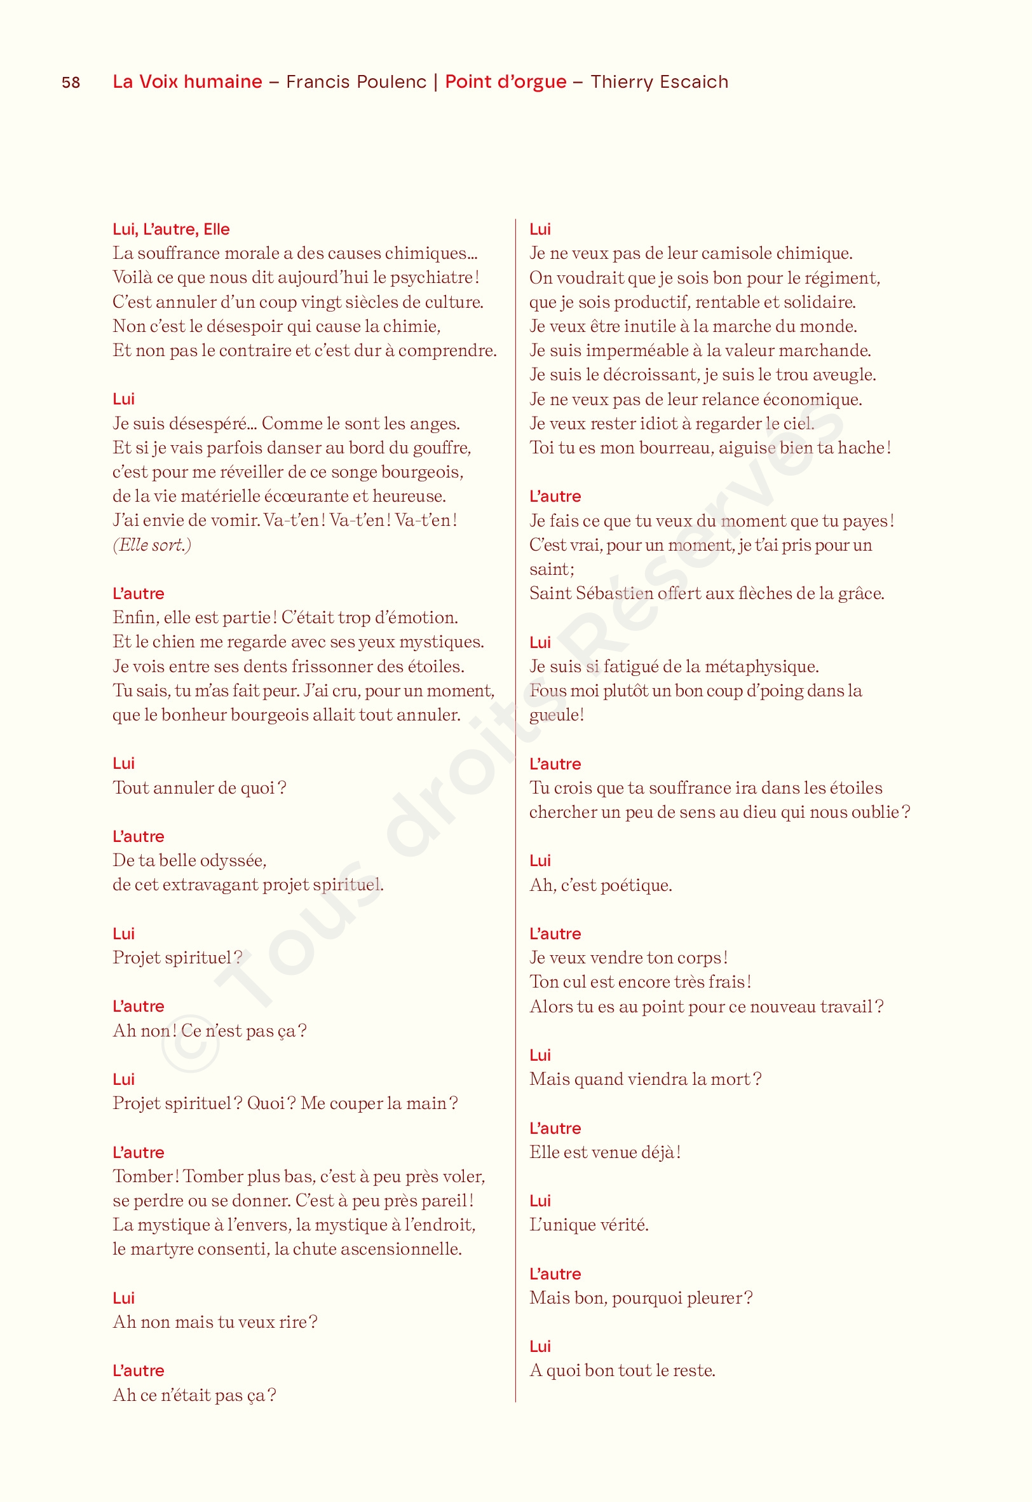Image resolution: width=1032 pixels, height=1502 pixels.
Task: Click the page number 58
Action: click(71, 83)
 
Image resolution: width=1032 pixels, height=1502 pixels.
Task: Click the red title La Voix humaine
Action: click(187, 82)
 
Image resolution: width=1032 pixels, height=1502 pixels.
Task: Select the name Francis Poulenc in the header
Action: click(356, 82)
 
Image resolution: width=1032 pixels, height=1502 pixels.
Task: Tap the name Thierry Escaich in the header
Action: click(659, 82)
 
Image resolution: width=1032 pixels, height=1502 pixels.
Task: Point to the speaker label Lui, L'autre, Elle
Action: click(172, 230)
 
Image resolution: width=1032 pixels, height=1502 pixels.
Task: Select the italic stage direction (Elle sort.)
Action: click(152, 546)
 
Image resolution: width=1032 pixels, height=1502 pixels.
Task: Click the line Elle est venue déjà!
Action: click(604, 1152)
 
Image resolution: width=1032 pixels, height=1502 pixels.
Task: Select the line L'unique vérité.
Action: click(588, 1225)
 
